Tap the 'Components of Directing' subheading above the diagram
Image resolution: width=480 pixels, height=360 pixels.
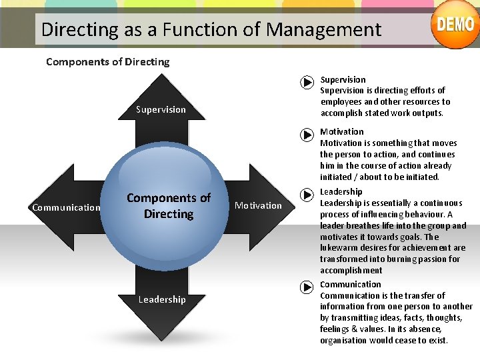107,62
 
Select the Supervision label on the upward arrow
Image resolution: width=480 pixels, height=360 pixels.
161,109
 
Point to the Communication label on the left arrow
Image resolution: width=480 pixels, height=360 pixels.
66,207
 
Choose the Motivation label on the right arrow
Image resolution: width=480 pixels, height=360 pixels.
258,205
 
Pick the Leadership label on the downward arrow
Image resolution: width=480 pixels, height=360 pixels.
162,299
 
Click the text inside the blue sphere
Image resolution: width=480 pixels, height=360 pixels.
169,206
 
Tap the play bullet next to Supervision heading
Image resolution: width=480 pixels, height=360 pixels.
306,83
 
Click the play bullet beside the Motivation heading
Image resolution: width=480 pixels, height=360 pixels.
306,135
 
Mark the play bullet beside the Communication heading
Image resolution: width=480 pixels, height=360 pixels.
306,287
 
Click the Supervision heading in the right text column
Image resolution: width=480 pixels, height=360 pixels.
343,79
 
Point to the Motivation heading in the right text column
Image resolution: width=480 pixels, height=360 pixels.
342,131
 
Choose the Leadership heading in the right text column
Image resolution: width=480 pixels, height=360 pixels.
341,192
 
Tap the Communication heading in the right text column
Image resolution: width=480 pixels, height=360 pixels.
350,284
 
